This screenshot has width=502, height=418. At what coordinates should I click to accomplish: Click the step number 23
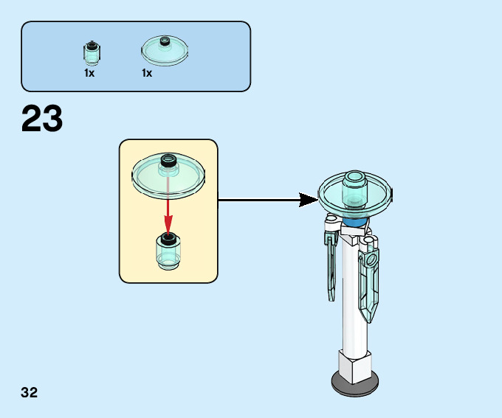[x=42, y=119]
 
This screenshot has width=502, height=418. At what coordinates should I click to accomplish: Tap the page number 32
[x=30, y=392]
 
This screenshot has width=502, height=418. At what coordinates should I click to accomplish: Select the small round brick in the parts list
[x=91, y=53]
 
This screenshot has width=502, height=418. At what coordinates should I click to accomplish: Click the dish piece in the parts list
[x=165, y=49]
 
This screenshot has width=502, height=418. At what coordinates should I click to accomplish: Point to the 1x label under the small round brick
[x=89, y=74]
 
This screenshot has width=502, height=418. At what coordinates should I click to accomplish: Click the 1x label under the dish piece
[x=147, y=74]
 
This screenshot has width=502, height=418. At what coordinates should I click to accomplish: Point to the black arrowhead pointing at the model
[x=308, y=199]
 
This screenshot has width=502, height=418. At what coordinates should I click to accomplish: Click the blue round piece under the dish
[x=355, y=221]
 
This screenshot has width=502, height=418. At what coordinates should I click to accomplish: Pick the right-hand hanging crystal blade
[x=369, y=284]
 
